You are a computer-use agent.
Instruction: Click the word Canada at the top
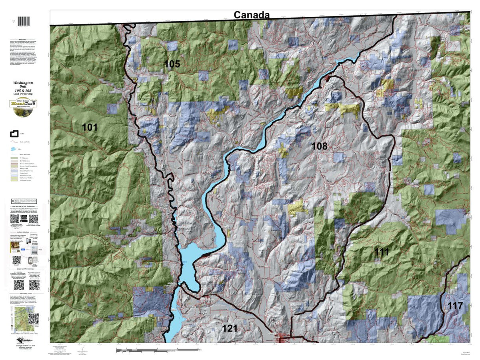pyautogui.click(x=251, y=15)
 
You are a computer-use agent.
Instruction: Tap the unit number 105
pyautogui.click(x=172, y=64)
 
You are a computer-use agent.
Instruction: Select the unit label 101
pyautogui.click(x=90, y=128)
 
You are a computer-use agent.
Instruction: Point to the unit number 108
pyautogui.click(x=319, y=146)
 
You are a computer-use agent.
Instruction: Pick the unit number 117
pyautogui.click(x=455, y=306)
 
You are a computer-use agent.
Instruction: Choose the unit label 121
pyautogui.click(x=230, y=328)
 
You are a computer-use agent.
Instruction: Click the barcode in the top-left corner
pyautogui.click(x=25, y=21)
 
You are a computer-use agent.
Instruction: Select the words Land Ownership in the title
pyautogui.click(x=25, y=94)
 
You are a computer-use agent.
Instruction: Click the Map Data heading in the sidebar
pyautogui.click(x=25, y=40)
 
